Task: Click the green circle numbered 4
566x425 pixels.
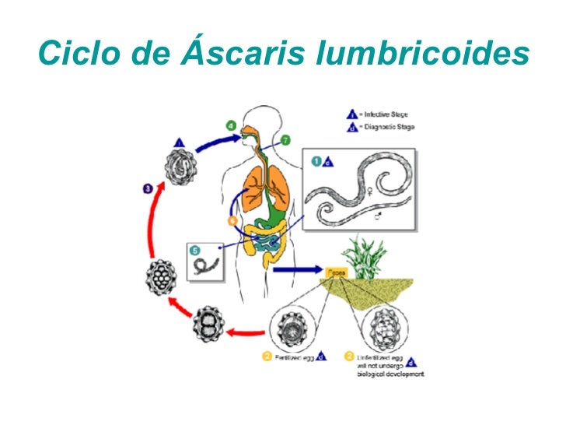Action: [231, 125]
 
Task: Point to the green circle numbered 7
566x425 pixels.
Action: [285, 140]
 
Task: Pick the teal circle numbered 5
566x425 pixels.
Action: [195, 251]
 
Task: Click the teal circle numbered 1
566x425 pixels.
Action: [316, 162]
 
